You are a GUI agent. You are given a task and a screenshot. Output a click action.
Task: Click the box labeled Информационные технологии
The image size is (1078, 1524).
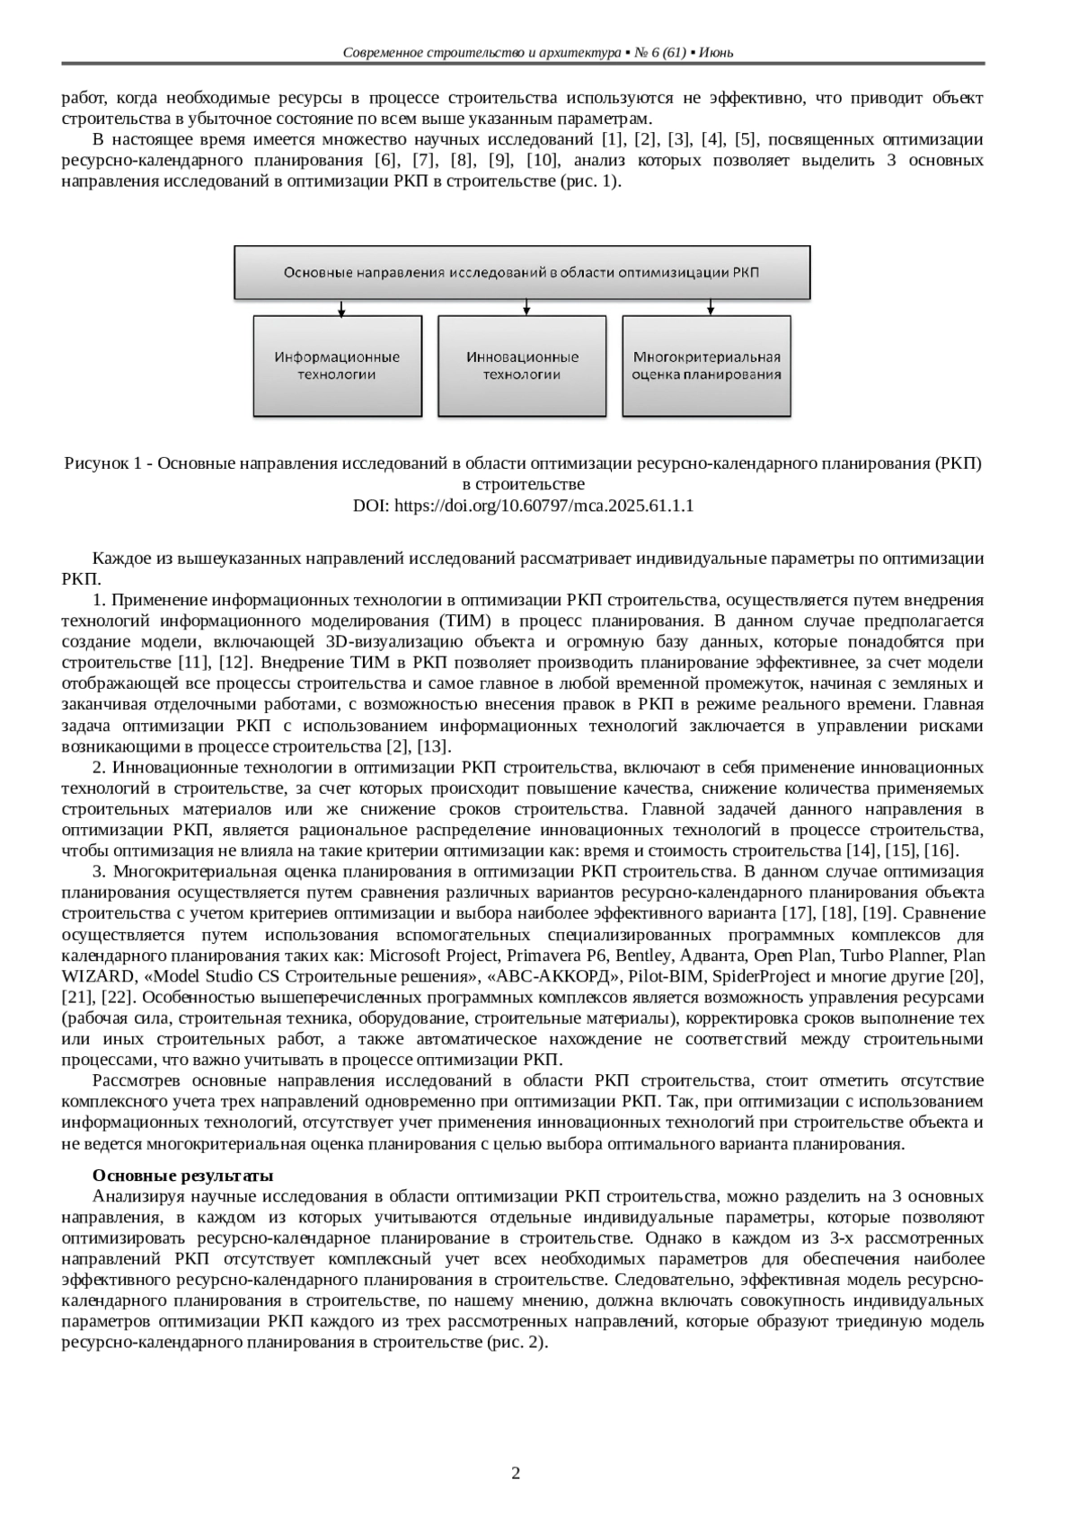(337, 366)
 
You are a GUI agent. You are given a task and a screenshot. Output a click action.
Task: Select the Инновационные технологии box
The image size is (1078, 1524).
(522, 366)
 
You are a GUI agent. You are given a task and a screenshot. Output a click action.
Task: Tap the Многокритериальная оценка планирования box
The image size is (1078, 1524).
(706, 366)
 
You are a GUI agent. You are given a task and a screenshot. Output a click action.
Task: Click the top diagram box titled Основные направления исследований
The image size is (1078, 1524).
(522, 271)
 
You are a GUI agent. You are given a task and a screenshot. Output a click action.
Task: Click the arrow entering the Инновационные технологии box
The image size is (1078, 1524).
(526, 307)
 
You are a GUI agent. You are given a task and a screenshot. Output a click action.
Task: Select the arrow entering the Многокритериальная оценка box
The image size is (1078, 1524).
(711, 307)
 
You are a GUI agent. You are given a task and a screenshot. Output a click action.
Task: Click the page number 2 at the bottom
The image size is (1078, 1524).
(516, 1474)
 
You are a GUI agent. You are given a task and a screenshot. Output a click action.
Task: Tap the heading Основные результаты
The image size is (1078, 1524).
(183, 1176)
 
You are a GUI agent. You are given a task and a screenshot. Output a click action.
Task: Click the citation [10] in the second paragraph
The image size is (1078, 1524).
(541, 161)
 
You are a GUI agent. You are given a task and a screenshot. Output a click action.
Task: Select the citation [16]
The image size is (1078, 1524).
(941, 850)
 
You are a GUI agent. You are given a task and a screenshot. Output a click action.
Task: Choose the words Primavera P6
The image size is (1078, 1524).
(543, 955)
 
